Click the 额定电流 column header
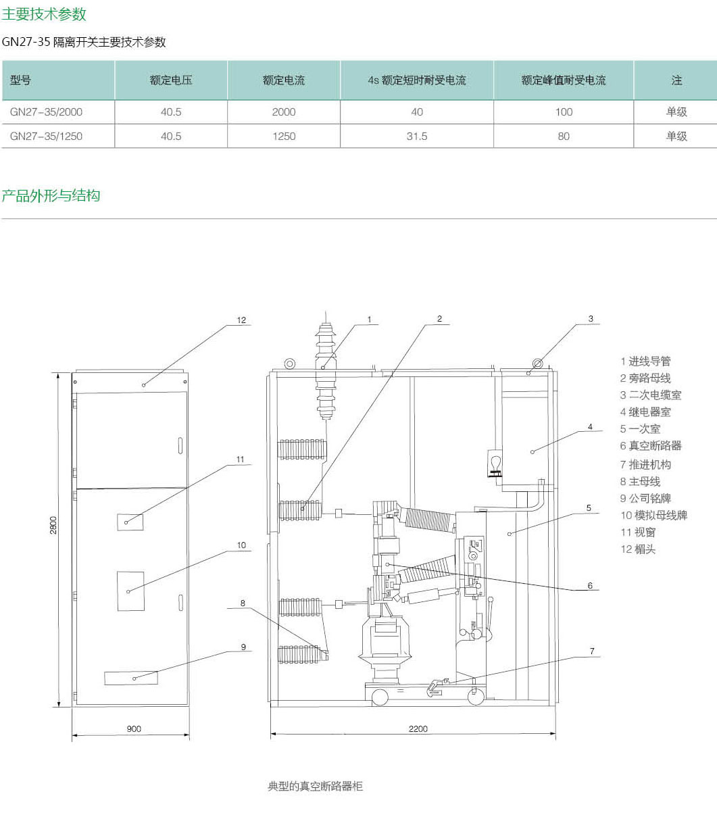(284, 80)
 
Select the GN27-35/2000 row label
(47, 112)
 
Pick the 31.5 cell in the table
(417, 136)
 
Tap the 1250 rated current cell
(284, 136)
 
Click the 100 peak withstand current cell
(564, 112)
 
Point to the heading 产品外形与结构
(51, 196)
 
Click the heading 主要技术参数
(44, 14)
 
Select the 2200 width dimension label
(418, 729)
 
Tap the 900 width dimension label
(134, 729)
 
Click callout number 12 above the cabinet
(242, 320)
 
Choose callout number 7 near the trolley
(592, 651)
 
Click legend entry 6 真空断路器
(651, 446)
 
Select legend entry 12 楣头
(638, 549)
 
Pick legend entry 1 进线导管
(645, 362)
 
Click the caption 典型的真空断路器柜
(316, 787)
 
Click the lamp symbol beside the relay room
(494, 464)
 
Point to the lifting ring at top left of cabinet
(289, 364)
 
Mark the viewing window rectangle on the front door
(130, 522)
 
